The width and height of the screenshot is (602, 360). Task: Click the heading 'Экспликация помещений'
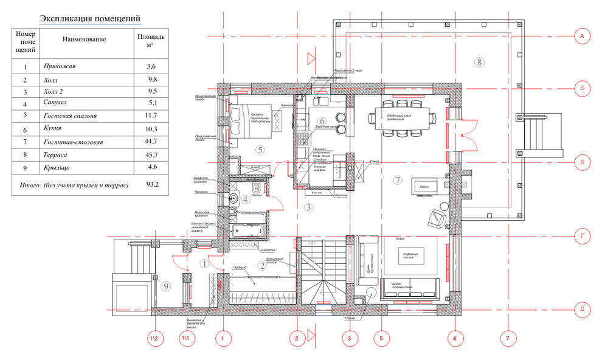click(x=90, y=19)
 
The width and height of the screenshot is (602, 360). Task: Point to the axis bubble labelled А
click(x=582, y=37)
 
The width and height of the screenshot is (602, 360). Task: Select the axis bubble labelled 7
click(x=507, y=337)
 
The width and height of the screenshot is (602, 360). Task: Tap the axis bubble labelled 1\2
click(x=156, y=337)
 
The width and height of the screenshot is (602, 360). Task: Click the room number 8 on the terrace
click(x=479, y=62)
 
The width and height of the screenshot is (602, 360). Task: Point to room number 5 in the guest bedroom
click(x=259, y=149)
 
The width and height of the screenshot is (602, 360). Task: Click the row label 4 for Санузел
click(x=25, y=103)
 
